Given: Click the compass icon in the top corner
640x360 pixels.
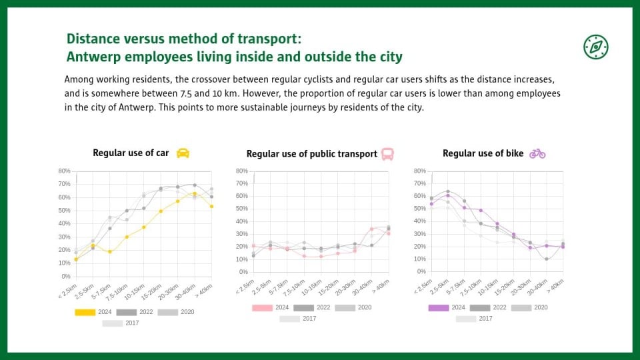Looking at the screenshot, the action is tap(595, 47).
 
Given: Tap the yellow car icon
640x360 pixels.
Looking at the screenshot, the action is tap(183, 153).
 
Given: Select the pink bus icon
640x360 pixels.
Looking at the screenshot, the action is tap(387, 154).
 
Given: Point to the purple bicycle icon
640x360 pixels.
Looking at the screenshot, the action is tap(537, 153).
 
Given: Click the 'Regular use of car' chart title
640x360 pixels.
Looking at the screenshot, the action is tap(131, 153).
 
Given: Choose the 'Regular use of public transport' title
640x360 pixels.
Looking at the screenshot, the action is tap(311, 154).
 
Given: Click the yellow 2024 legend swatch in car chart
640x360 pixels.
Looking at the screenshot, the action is tap(85, 312).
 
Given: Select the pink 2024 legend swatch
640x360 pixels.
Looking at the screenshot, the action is tap(262, 308).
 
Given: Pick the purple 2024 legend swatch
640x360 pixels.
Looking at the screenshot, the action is tap(439, 308).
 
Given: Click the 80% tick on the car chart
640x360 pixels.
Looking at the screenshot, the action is tap(64, 171).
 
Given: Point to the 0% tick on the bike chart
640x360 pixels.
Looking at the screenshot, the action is tap(421, 271).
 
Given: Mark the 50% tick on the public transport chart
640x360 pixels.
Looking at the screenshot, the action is tap(241, 209).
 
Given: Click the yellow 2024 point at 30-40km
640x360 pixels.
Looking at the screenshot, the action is tap(195, 194).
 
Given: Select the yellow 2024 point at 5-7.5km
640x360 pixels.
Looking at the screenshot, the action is tap(110, 252).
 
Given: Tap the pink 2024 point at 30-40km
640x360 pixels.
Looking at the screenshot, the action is tap(371, 229).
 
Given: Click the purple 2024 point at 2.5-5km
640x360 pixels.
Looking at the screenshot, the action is tap(448, 195).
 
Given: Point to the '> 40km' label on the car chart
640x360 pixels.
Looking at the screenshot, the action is tap(203, 290).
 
